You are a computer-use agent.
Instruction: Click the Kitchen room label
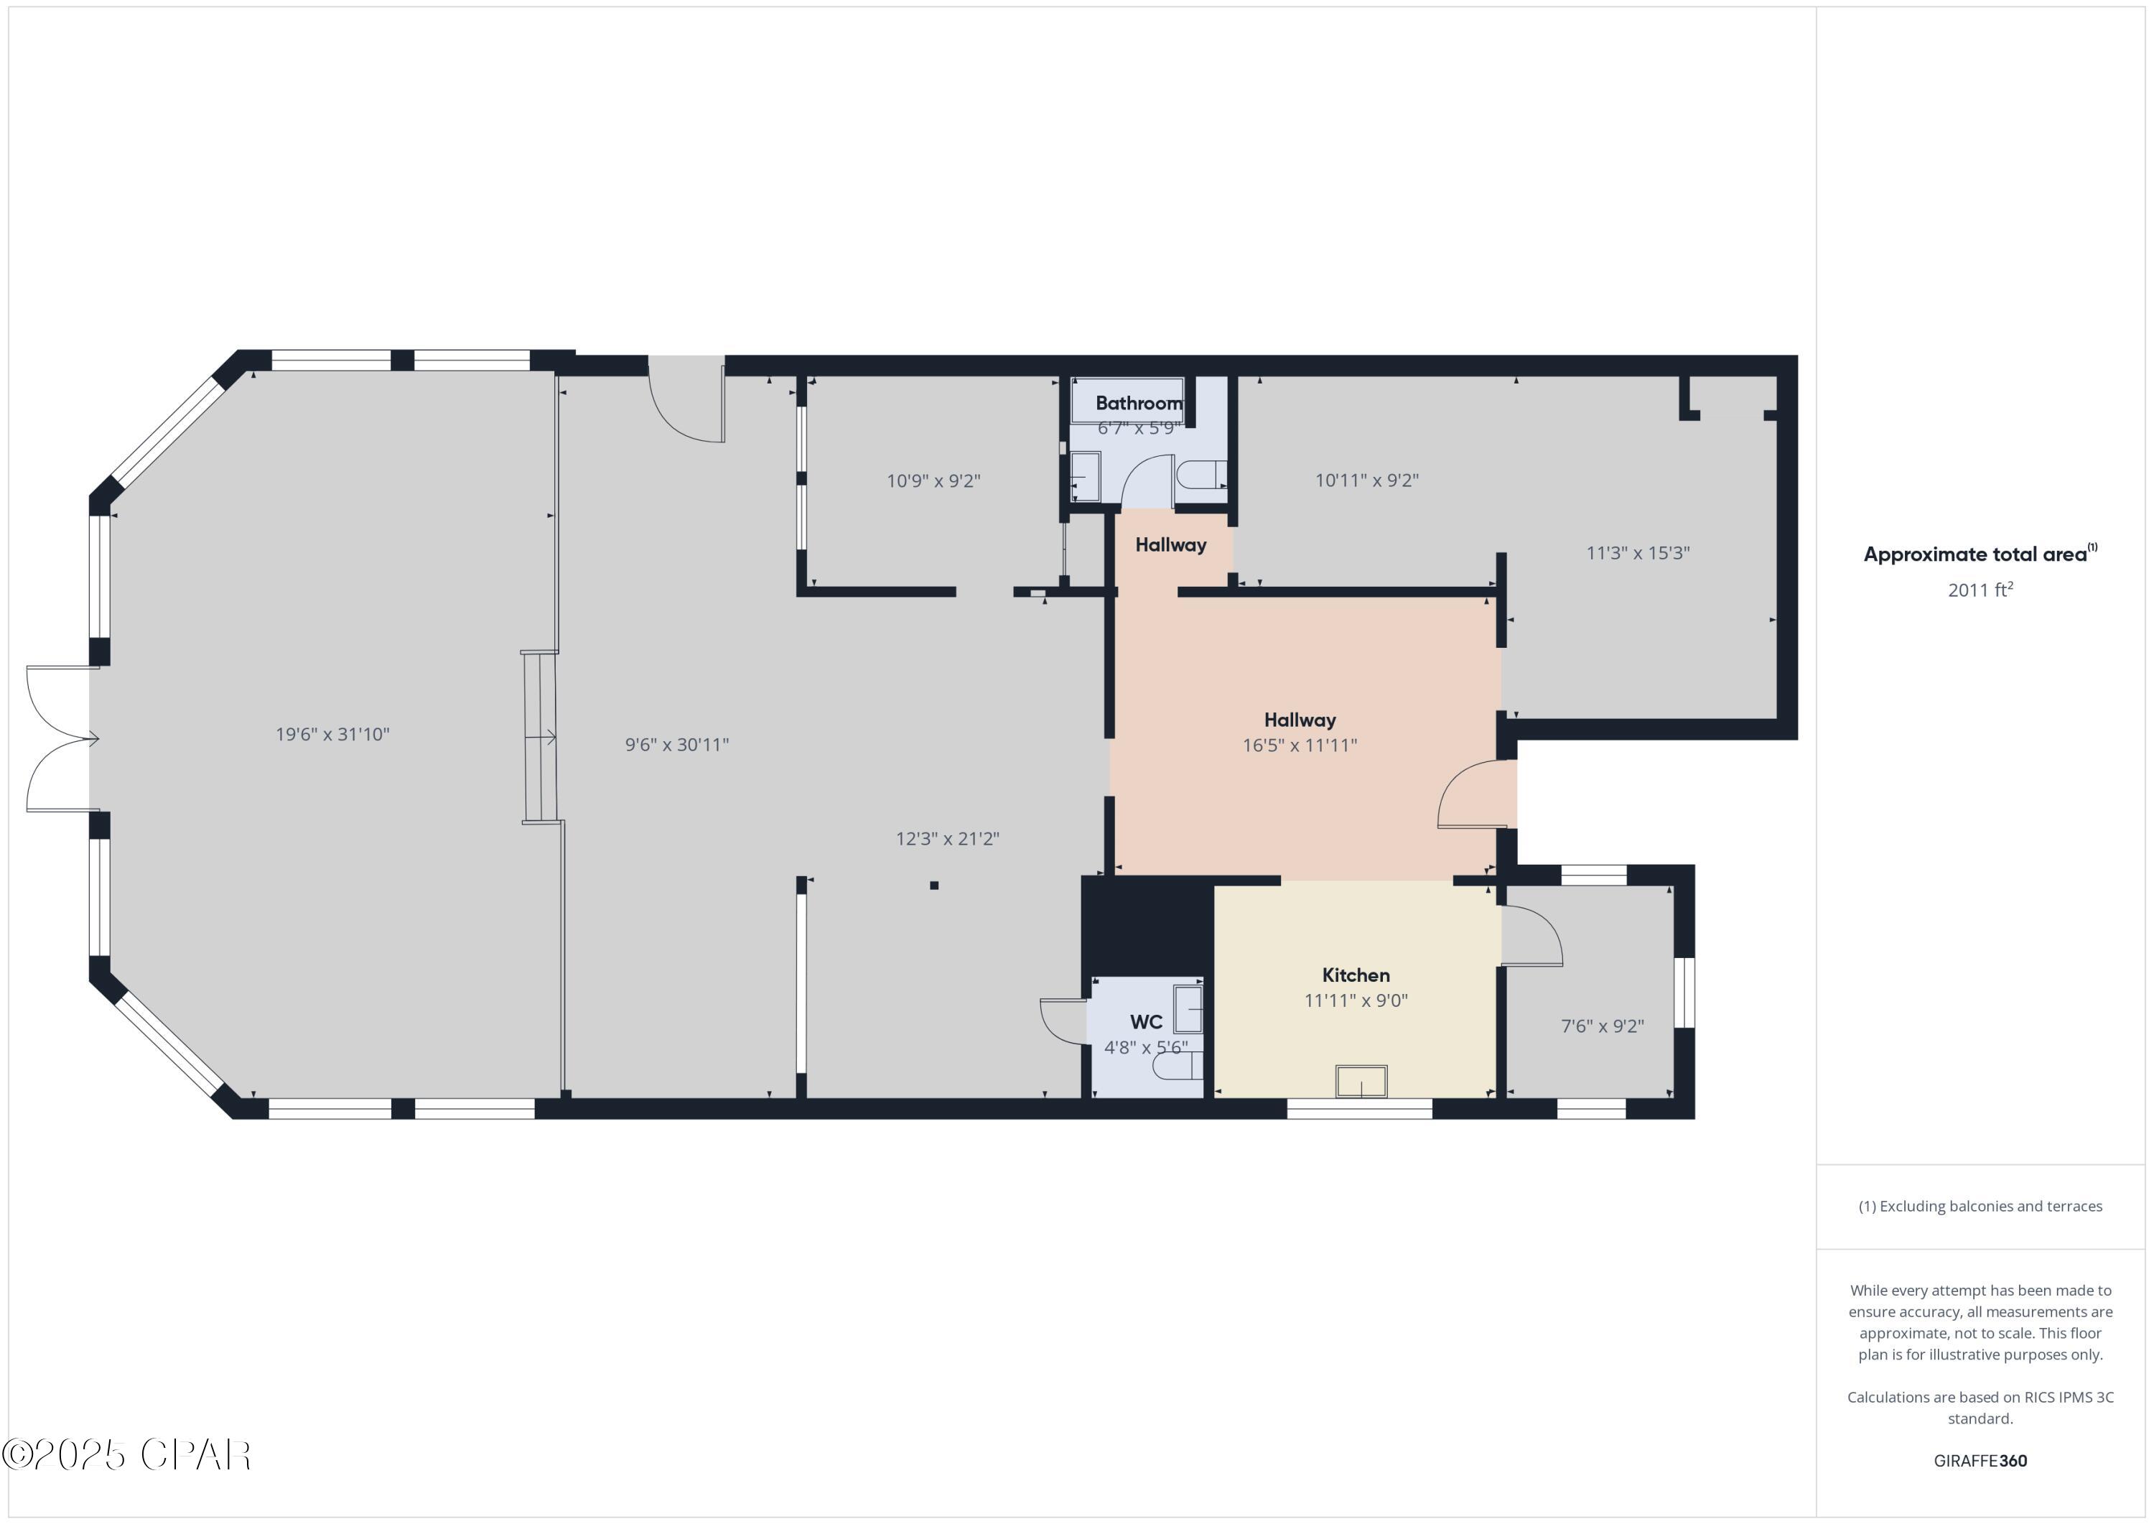click(x=1356, y=975)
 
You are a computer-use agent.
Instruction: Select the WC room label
click(x=1145, y=1022)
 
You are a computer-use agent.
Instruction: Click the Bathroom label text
click(x=1139, y=404)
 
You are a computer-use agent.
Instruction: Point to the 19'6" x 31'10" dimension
click(x=332, y=735)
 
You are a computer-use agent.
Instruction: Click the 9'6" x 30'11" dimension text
click(x=676, y=745)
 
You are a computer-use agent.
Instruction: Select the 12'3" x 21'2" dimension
click(x=948, y=839)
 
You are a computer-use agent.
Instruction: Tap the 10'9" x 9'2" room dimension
click(x=933, y=481)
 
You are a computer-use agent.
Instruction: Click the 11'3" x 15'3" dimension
click(x=1637, y=553)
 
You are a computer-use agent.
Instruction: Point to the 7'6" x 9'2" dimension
click(x=1601, y=1026)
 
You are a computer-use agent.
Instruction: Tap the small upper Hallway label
click(x=1170, y=545)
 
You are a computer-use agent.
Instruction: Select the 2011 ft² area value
click(x=1980, y=590)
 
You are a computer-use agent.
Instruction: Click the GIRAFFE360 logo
click(x=1980, y=1461)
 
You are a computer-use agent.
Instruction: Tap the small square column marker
click(x=933, y=885)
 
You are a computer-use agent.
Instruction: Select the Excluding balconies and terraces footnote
click(x=1980, y=1207)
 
